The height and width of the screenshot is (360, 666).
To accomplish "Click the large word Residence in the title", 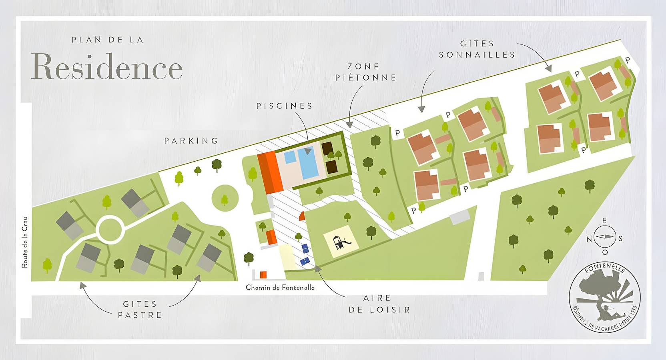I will [107, 66].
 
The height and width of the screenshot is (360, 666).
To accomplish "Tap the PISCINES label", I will [284, 106].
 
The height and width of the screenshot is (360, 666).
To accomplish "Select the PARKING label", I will [191, 141].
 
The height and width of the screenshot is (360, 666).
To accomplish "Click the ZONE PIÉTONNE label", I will [365, 72].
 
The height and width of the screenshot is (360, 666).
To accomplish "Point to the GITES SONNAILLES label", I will [477, 49].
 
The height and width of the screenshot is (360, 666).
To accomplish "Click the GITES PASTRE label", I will [140, 310].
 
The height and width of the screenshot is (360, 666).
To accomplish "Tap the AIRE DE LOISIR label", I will [379, 304].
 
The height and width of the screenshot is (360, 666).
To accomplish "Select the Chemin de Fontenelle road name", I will [280, 288].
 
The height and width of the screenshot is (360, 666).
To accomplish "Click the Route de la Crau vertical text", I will [25, 242].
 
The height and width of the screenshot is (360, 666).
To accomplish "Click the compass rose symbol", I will [605, 237].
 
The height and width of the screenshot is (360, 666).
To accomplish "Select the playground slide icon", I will [341, 243].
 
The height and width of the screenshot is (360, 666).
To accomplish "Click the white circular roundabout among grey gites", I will [109, 229].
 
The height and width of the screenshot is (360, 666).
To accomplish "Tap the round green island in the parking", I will [225, 198].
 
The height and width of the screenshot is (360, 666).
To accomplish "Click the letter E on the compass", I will [604, 221].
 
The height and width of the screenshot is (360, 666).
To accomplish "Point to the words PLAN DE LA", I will [107, 40].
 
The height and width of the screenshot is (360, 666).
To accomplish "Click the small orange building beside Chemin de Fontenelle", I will [263, 275].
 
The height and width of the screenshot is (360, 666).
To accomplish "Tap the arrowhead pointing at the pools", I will [308, 151].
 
